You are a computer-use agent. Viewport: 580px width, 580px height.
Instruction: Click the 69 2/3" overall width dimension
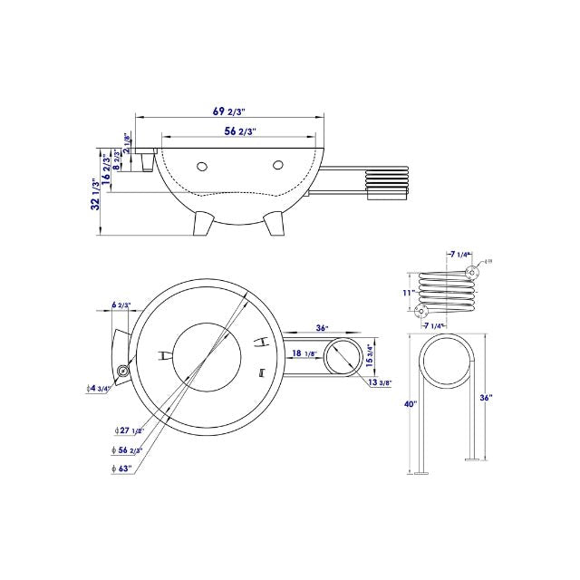point(230,111)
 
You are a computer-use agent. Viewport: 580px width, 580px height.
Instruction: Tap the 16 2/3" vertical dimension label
point(108,169)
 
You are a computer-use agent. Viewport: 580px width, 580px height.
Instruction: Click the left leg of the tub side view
point(204,221)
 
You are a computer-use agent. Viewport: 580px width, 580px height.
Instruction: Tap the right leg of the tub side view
point(270,222)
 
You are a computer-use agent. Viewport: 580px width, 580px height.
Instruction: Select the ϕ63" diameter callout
point(122,468)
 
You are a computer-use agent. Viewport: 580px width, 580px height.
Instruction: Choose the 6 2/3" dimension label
point(121,305)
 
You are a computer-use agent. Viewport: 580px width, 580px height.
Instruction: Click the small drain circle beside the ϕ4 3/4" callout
point(122,372)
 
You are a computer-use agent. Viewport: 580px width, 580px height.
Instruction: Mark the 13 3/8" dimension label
point(380,382)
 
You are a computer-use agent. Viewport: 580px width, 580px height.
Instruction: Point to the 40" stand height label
point(411,403)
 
